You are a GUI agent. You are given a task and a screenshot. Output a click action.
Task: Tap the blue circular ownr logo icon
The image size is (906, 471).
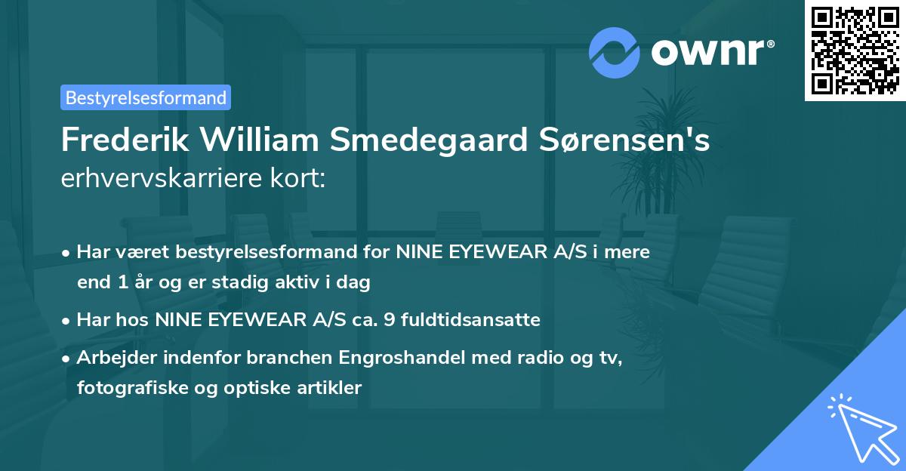pyautogui.click(x=614, y=53)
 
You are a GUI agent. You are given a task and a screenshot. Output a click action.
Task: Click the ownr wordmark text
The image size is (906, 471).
pyautogui.click(x=712, y=53)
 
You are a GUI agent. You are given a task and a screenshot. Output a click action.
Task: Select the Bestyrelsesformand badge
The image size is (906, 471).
pyautogui.click(x=146, y=97)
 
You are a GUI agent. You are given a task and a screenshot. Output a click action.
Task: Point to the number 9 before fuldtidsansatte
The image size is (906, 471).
pyautogui.click(x=389, y=320)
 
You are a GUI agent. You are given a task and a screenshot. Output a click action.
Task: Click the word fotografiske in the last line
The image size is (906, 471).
pyautogui.click(x=121, y=388)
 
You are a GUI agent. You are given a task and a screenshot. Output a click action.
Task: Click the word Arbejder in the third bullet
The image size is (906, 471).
pyautogui.click(x=107, y=358)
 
